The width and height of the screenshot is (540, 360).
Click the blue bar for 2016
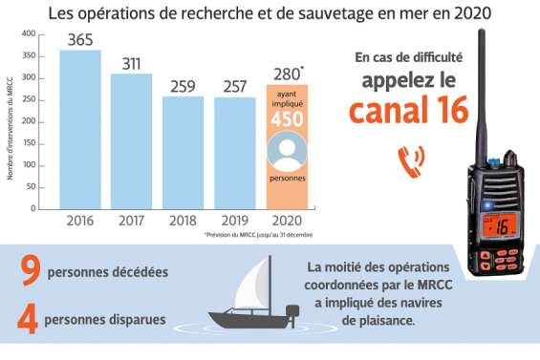80,129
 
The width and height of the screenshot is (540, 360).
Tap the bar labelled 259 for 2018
183,152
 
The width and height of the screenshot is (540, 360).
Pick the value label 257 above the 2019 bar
233,86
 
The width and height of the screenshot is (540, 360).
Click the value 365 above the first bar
80,39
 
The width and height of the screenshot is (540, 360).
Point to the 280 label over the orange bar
285,73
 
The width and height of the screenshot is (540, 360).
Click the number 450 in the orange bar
286,119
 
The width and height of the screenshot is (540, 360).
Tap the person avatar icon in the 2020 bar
286,152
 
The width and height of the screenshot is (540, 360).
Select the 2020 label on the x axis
285,221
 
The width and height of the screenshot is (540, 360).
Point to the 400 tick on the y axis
29,33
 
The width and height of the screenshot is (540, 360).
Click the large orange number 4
29,319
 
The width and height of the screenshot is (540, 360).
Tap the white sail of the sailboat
250,281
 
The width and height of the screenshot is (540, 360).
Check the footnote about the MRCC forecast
258,234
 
